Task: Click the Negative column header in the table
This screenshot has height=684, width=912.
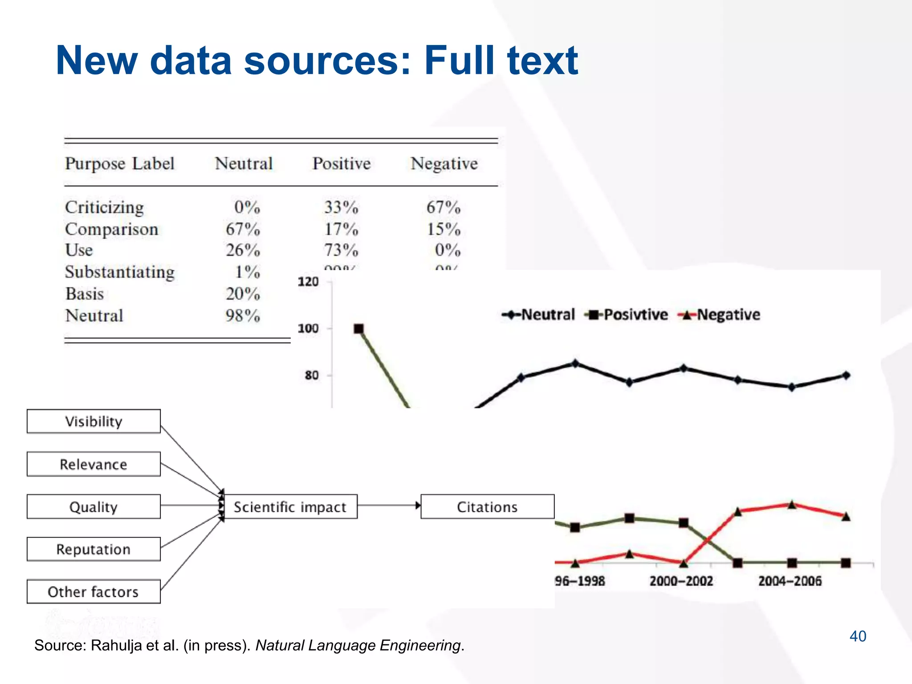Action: (x=444, y=164)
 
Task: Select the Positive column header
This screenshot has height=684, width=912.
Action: (x=341, y=164)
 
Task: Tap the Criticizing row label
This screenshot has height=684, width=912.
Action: (x=104, y=208)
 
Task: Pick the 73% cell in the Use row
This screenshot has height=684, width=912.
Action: (x=341, y=250)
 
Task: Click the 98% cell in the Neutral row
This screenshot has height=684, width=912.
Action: (x=243, y=316)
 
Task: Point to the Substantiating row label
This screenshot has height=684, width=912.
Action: (x=120, y=272)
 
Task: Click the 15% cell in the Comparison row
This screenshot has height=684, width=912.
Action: (x=444, y=229)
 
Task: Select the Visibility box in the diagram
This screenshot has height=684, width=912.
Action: (x=94, y=421)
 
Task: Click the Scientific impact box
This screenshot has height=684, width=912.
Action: (x=290, y=507)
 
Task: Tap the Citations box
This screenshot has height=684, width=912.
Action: (x=487, y=507)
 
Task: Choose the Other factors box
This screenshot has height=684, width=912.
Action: (x=94, y=592)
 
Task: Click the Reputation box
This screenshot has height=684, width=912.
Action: (x=94, y=549)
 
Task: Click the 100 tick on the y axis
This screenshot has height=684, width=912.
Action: (x=308, y=329)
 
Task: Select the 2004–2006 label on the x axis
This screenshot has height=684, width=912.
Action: (x=790, y=581)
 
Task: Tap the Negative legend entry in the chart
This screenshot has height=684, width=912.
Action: (x=720, y=315)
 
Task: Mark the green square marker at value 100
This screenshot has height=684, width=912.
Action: (x=358, y=329)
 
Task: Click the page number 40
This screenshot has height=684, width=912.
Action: (x=858, y=636)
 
